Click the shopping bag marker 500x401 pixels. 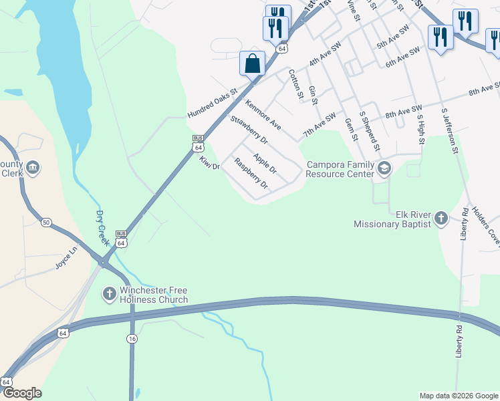coord(252,64)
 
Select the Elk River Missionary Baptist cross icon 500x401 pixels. coord(441,217)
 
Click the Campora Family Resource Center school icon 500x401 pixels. coord(384,168)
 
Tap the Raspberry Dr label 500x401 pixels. coord(251,173)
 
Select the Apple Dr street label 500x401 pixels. coord(265,163)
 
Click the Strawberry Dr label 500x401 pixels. coord(249,130)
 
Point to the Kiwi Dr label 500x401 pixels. coord(209,163)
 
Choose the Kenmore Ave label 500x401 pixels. coord(263,114)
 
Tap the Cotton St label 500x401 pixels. coord(296,84)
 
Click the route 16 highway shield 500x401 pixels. coord(132,340)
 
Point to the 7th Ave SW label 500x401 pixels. coord(319,125)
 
